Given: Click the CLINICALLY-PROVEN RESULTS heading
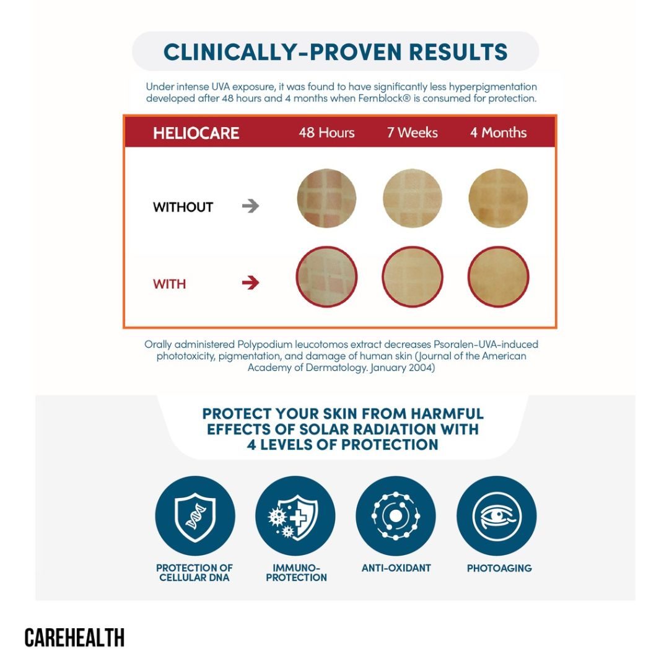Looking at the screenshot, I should point(335,51).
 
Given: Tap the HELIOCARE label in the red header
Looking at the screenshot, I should point(196,133).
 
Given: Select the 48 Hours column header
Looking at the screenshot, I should point(326,133).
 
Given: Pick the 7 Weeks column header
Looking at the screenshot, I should point(413,133).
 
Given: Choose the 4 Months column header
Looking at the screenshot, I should point(498,133).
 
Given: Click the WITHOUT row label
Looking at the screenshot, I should point(183,208).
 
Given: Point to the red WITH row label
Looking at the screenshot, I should point(169,284).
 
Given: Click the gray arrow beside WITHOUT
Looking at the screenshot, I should point(250,207).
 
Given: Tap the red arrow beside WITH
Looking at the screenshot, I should point(250,283).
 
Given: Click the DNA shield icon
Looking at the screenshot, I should point(195,516).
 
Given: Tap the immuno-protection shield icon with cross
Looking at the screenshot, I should point(295,516).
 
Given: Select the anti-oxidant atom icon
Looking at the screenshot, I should point(396,516).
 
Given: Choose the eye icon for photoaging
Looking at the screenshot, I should point(496,516).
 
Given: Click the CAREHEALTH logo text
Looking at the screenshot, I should point(74,637).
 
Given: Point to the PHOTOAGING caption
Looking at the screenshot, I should point(499,568).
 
